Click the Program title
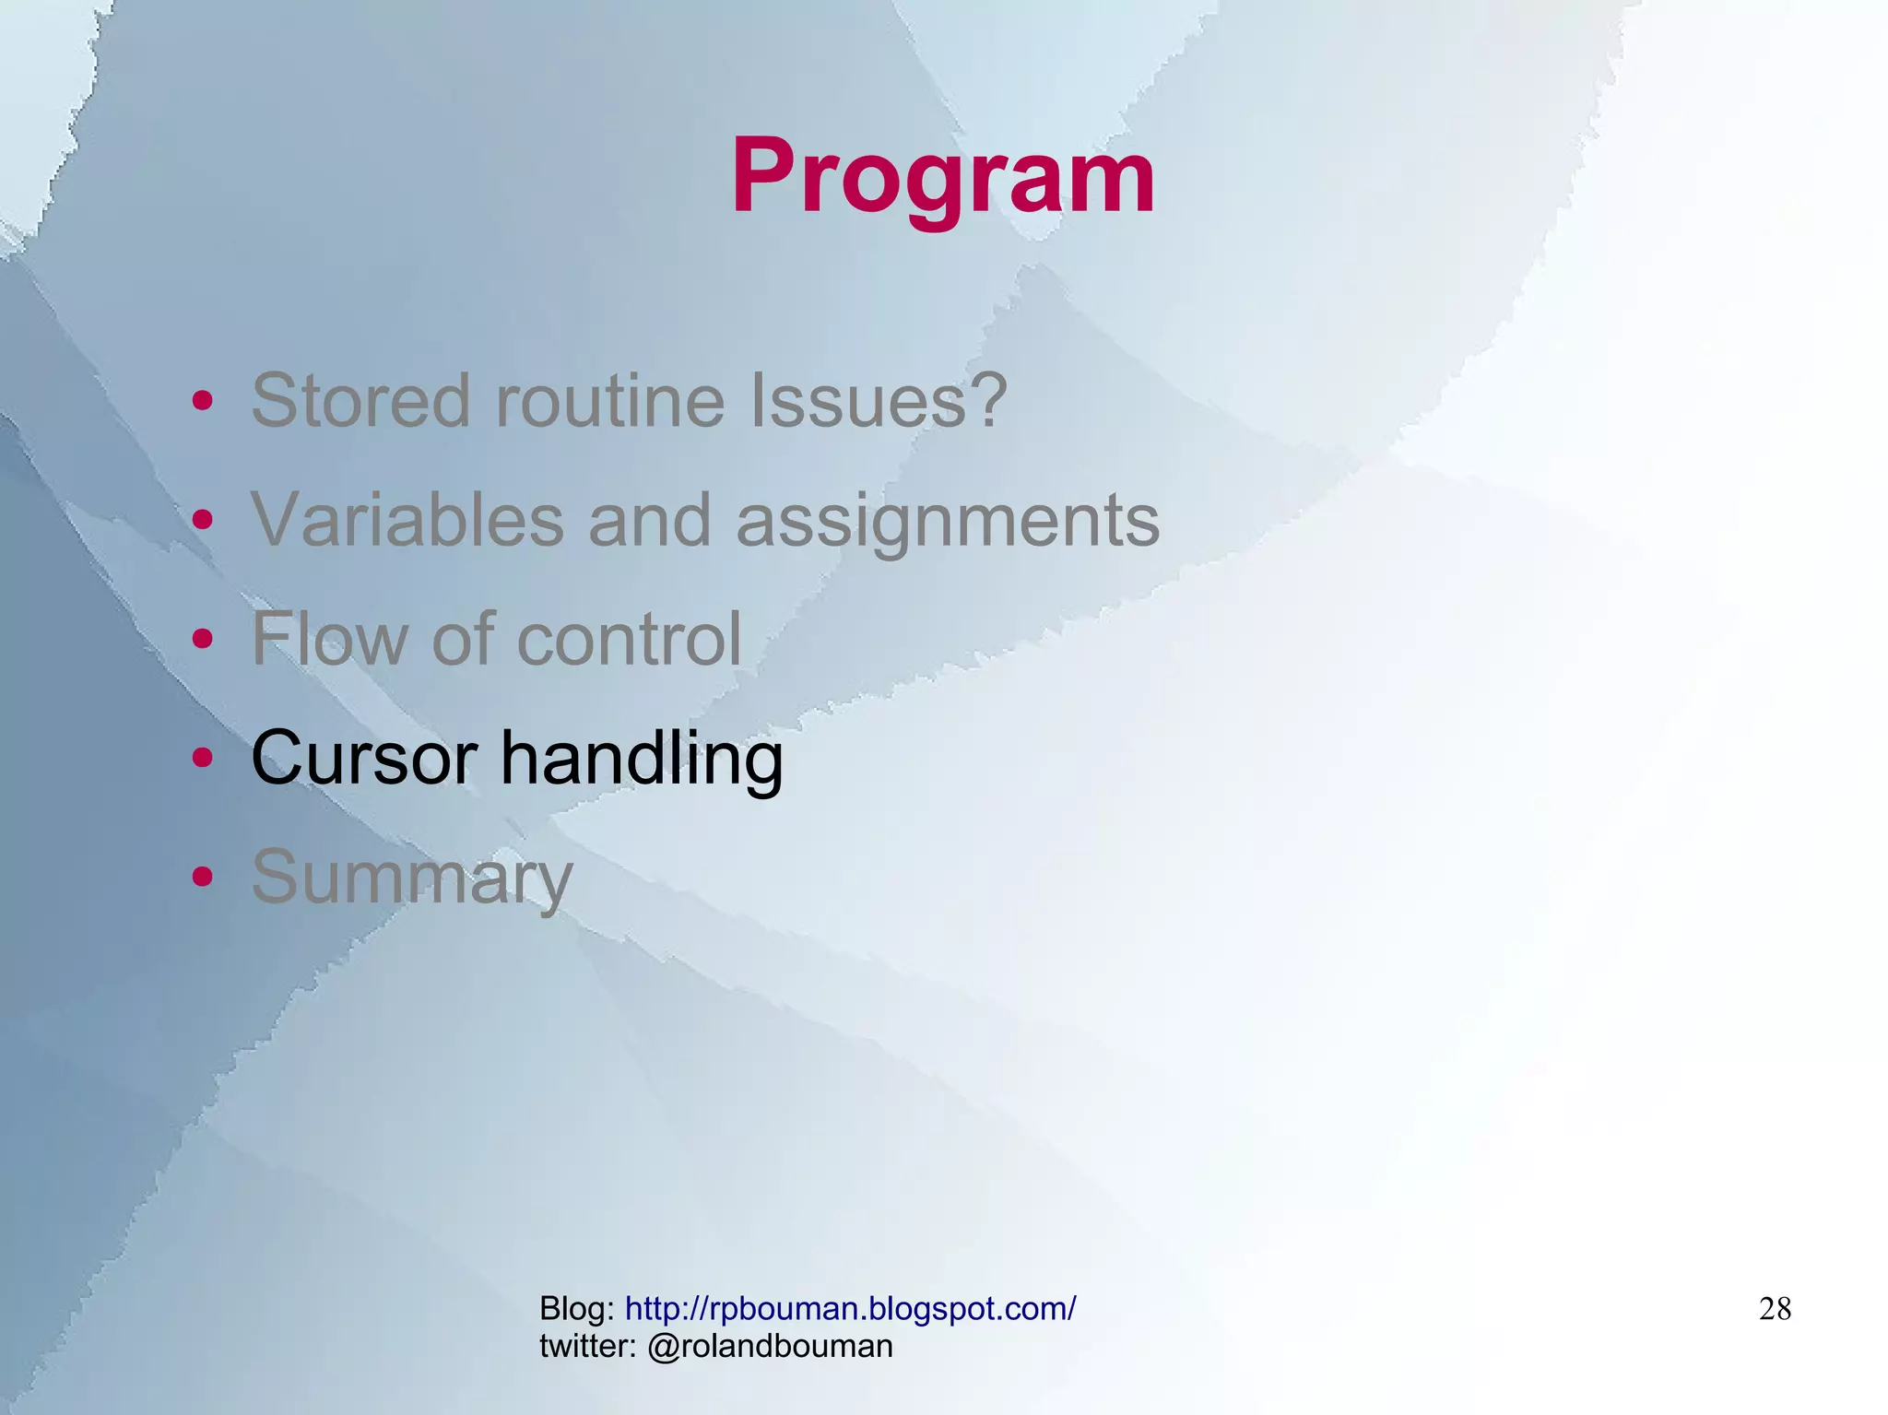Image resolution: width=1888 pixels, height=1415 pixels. pyautogui.click(x=943, y=177)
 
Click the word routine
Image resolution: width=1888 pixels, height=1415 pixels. pyautogui.click(x=610, y=401)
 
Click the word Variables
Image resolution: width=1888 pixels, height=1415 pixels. pyautogui.click(x=407, y=520)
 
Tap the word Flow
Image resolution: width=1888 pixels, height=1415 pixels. pyautogui.click(x=329, y=639)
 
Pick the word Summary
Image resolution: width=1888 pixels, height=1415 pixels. pyautogui.click(x=412, y=878)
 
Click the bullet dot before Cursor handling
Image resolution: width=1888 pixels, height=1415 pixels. pyautogui.click(x=203, y=758)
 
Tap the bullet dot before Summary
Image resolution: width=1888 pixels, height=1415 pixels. pyautogui.click(x=203, y=877)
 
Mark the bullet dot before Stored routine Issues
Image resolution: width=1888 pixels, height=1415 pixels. pyautogui.click(x=203, y=401)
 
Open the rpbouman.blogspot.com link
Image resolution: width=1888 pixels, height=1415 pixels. pyautogui.click(x=850, y=1308)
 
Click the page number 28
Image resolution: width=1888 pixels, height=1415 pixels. pyautogui.click(x=1775, y=1309)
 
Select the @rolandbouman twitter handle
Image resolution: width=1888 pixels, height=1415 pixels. pyautogui.click(x=770, y=1347)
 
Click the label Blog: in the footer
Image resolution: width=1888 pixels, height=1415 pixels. pyautogui.click(x=577, y=1308)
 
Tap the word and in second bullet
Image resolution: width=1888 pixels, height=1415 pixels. pyautogui.click(x=650, y=520)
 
